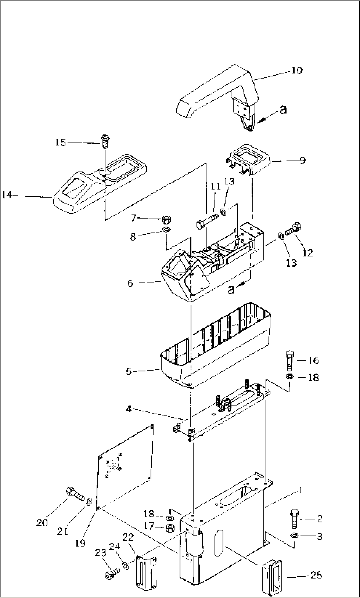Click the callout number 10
click(x=297, y=70)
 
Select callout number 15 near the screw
click(x=60, y=142)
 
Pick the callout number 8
click(x=133, y=237)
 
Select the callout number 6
click(x=130, y=283)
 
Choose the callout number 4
click(x=129, y=409)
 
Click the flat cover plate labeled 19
click(x=126, y=468)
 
